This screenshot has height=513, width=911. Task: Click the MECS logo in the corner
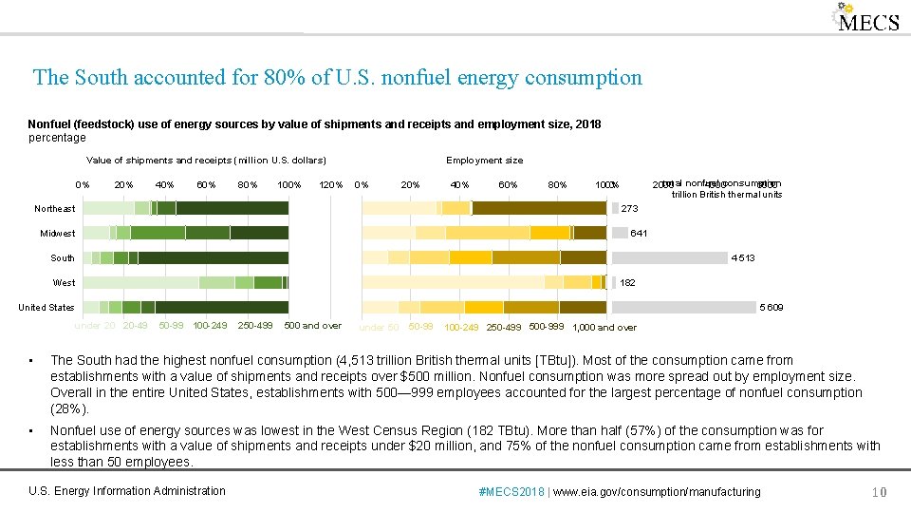point(866,20)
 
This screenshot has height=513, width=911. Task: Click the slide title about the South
point(337,77)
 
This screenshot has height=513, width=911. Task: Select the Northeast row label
point(55,209)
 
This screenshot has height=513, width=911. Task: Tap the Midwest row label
point(58,234)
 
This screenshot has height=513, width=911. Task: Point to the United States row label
point(46,308)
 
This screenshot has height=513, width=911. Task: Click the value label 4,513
point(742,258)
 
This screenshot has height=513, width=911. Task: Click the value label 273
point(629,209)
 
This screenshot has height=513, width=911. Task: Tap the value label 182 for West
point(627,283)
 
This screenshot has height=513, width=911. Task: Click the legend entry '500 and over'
point(312,326)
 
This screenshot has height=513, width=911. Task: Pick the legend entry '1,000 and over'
point(604,328)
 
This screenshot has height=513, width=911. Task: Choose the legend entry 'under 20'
point(95,326)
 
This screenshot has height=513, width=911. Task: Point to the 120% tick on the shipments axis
point(329,184)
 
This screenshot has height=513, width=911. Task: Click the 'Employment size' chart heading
point(484,161)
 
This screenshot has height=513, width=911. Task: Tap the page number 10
point(879,492)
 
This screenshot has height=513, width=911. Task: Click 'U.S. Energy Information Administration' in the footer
point(127,491)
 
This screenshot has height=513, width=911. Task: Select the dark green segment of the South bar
point(213,257)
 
